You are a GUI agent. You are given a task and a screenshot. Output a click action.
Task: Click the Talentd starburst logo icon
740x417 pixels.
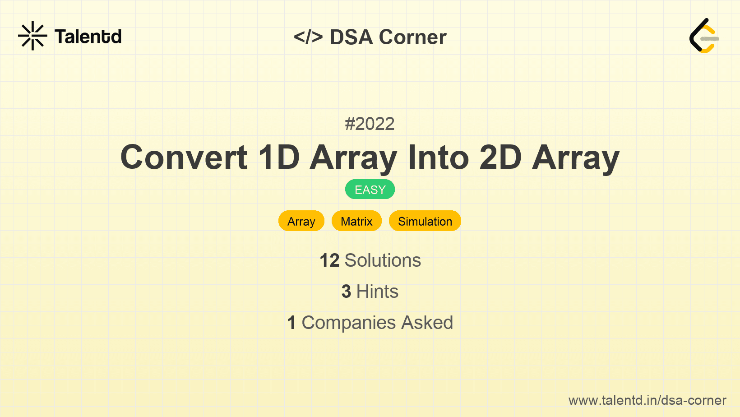(32, 36)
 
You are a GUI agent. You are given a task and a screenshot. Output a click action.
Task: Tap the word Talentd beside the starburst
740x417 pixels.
(88, 37)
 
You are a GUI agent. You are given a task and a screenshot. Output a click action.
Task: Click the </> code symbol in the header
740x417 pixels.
(308, 37)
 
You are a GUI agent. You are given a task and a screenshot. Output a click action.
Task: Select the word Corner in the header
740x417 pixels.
(412, 37)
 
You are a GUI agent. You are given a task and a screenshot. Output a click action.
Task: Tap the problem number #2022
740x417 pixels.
(370, 124)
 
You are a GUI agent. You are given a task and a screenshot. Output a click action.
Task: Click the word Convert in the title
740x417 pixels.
(184, 158)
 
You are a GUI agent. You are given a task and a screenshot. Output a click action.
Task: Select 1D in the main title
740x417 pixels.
(279, 158)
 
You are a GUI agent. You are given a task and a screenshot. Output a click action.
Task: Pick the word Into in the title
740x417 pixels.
(438, 158)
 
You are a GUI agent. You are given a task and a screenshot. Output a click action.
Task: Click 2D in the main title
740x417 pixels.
(500, 158)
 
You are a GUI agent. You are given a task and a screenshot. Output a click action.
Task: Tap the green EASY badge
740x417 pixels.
(370, 190)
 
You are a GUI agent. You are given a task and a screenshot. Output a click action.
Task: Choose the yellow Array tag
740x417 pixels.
(301, 221)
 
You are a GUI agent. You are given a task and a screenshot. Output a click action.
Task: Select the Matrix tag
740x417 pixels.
(357, 221)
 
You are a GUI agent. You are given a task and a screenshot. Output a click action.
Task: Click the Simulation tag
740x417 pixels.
(425, 221)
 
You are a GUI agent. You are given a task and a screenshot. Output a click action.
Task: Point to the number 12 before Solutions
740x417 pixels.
(329, 260)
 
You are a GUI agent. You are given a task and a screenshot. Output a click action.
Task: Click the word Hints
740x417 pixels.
(377, 292)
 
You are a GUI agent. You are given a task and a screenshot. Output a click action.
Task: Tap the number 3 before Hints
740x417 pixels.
(346, 292)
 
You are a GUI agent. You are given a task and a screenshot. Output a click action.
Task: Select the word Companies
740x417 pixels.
(348, 323)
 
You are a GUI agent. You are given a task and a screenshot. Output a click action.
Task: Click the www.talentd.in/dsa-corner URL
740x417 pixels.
(647, 400)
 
